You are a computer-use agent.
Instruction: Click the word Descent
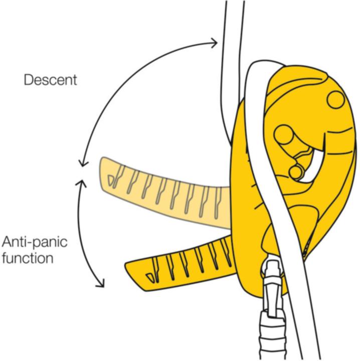coord(51,79)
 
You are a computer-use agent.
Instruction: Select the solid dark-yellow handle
coord(181,263)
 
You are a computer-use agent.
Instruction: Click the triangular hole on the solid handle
coord(149,276)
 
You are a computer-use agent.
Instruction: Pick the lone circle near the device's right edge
coord(336,98)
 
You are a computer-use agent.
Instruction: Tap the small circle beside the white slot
coord(296,172)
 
